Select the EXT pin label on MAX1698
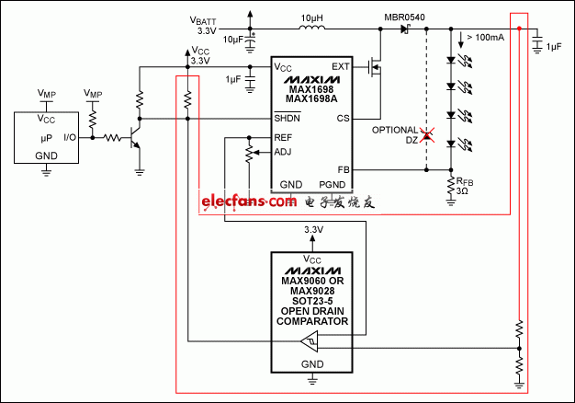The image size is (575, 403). click(340, 67)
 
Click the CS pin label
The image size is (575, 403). click(343, 119)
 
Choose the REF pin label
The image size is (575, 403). click(283, 136)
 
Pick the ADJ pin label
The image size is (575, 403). click(283, 153)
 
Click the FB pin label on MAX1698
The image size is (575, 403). click(343, 170)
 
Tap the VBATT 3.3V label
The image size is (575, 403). click(204, 25)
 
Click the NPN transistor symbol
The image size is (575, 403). click(135, 139)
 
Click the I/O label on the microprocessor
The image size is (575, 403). click(70, 137)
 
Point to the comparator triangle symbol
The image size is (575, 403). click(310, 343)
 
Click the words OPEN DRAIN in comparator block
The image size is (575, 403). click(314, 313)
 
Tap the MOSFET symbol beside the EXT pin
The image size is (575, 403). click(374, 68)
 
